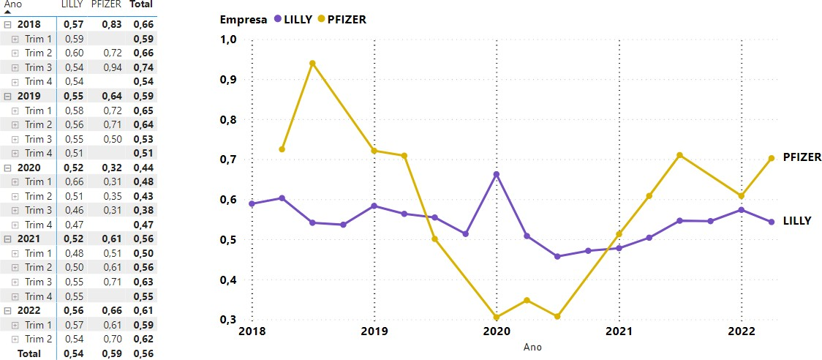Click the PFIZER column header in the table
pos(107,4)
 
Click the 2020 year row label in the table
pos(29,168)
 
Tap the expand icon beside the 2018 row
pos(7,25)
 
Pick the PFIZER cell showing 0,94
pos(112,67)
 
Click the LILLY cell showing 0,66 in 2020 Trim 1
pos(74,181)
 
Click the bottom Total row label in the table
pos(29,353)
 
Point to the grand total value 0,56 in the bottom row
pos(143,353)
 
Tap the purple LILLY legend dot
pos(276,20)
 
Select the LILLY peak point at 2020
pos(497,175)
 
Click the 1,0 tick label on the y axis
pos(229,40)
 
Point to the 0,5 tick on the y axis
pos(229,240)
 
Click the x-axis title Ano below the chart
pos(532,347)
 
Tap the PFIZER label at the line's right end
pos(802,157)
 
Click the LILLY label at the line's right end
pos(797,220)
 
